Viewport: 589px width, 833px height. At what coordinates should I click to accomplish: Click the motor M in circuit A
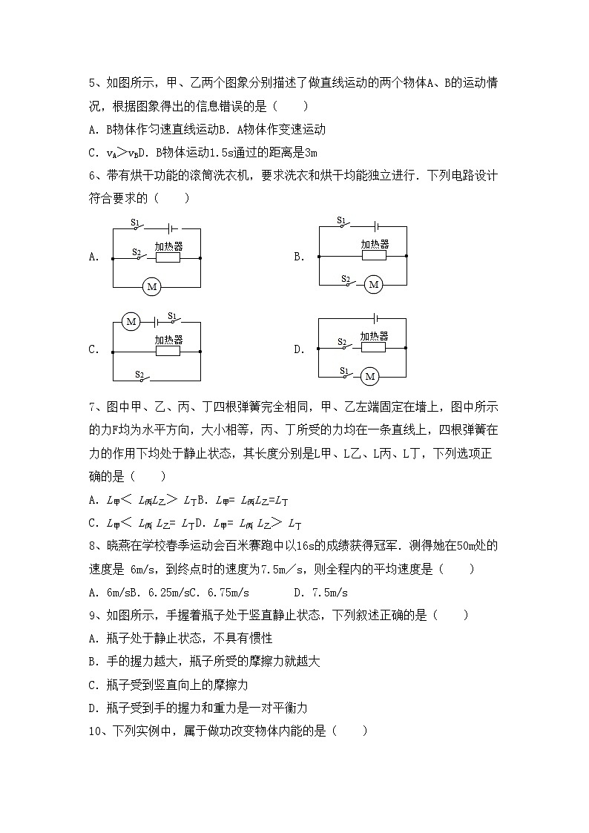(x=151, y=286)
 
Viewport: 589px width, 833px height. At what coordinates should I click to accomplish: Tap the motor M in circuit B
(x=374, y=285)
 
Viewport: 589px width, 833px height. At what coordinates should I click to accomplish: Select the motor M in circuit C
(x=131, y=322)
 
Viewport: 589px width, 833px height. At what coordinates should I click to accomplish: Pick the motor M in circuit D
(x=369, y=378)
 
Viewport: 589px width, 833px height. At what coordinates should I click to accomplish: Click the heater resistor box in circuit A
(x=168, y=259)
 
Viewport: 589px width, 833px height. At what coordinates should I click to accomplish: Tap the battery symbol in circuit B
(x=377, y=228)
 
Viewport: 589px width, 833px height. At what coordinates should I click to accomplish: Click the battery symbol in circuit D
(x=377, y=319)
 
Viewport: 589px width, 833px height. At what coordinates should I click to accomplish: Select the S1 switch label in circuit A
(x=135, y=222)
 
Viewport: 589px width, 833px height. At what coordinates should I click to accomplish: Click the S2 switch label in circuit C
(x=139, y=375)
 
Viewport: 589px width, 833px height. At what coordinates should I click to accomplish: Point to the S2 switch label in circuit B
(x=345, y=279)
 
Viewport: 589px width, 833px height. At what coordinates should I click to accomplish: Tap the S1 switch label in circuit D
(x=344, y=370)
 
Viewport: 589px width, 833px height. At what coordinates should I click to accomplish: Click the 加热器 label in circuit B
(x=375, y=244)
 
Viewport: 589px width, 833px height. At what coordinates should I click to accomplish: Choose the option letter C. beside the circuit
(x=93, y=350)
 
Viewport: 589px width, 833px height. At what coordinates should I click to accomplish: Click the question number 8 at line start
(x=92, y=547)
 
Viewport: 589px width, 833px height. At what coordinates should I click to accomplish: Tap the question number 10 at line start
(x=95, y=731)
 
